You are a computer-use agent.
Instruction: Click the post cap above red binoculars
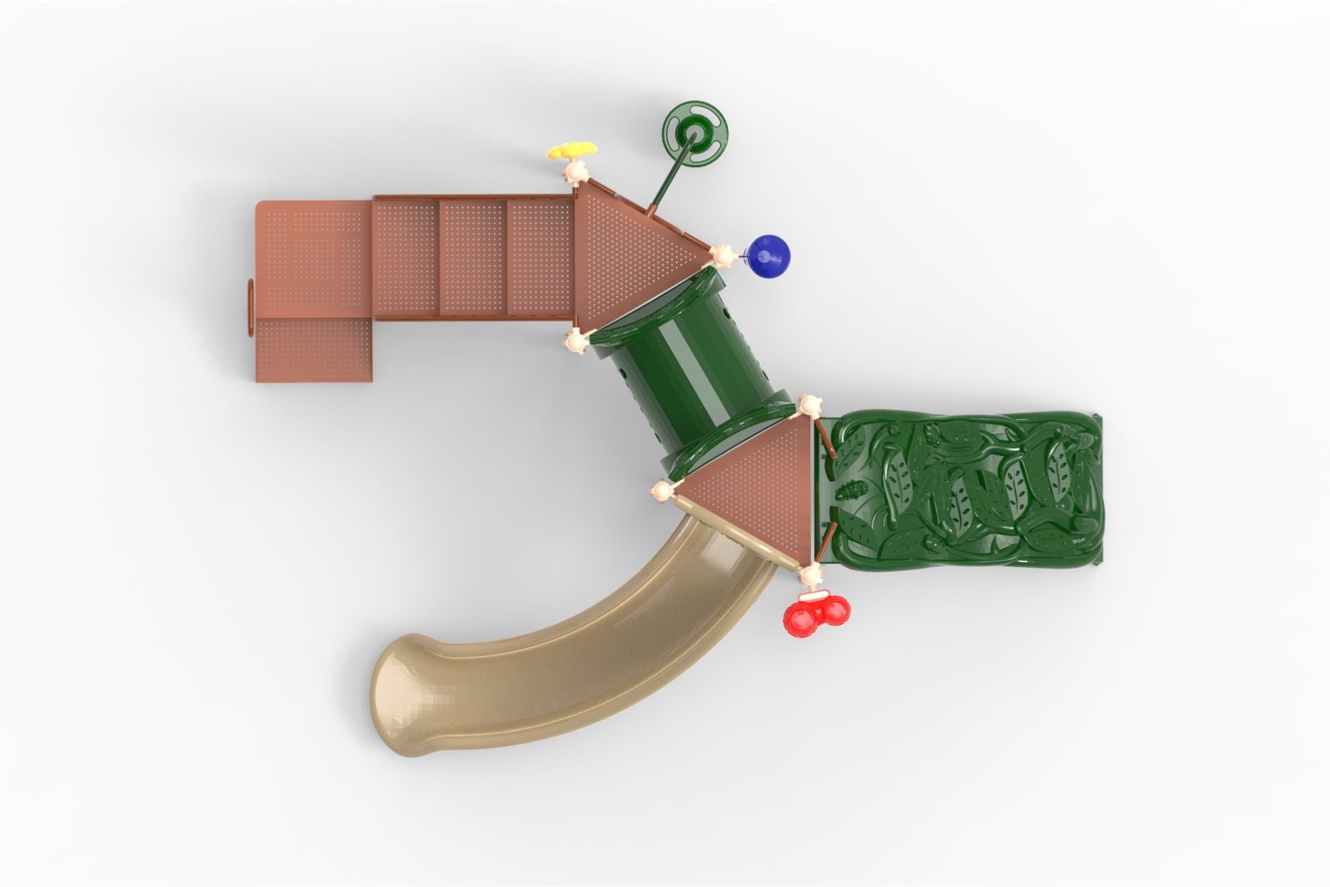click(x=809, y=574)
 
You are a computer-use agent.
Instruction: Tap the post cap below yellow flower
click(x=574, y=172)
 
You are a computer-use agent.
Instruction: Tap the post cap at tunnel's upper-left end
click(x=575, y=341)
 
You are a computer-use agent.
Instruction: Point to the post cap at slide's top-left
click(x=662, y=492)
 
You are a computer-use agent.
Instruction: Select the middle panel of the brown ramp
click(x=474, y=256)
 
